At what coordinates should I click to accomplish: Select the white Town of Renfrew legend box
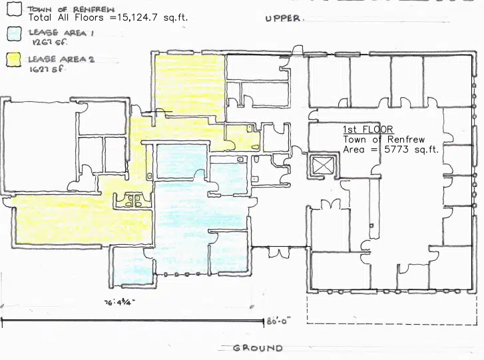pos(14,8)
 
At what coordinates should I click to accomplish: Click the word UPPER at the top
pos(283,19)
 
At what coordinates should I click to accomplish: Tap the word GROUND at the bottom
pos(258,348)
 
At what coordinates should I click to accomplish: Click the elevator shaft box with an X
pos(321,164)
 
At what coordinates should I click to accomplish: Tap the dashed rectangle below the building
pos(392,309)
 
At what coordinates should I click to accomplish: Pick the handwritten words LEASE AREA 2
pos(61,59)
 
